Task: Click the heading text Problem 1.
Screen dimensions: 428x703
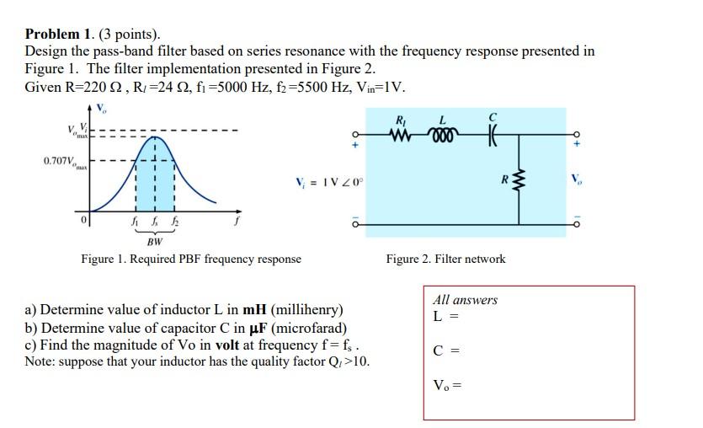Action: pyautogui.click(x=59, y=35)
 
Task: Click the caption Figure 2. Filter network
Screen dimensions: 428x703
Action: pyautogui.click(x=445, y=259)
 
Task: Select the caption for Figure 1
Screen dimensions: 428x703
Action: pyautogui.click(x=190, y=259)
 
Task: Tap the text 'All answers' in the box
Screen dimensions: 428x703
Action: pyautogui.click(x=465, y=300)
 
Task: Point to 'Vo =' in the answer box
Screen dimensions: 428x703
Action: pyautogui.click(x=446, y=387)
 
